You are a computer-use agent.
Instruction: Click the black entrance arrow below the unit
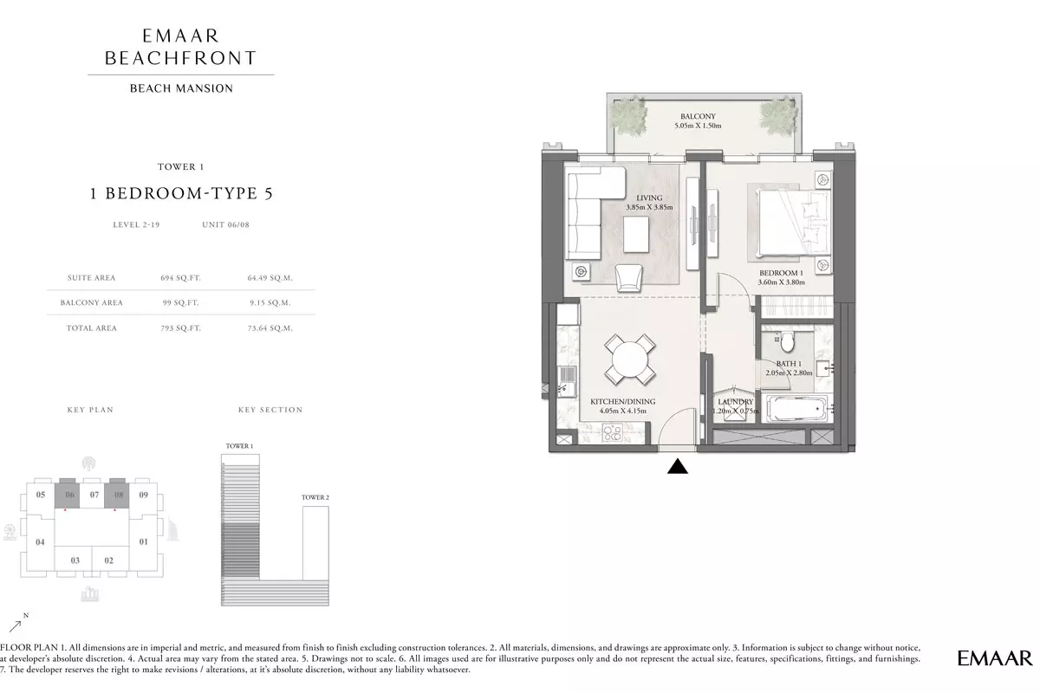coord(678,467)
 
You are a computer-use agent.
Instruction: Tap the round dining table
coord(629,359)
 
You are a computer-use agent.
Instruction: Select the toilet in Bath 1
coord(788,341)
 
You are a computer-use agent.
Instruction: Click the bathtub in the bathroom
coord(796,409)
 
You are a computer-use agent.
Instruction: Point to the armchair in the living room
coord(628,278)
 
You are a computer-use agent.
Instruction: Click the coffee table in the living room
coord(636,235)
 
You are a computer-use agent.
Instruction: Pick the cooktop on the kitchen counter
coord(612,433)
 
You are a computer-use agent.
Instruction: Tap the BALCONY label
coord(698,116)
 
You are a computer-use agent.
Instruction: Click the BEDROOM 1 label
coord(782,273)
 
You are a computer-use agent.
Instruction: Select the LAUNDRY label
coord(736,401)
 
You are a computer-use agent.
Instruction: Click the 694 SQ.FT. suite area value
coord(180,278)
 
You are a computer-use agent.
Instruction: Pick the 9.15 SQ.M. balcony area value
coord(270,302)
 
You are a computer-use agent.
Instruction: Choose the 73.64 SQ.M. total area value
coord(270,328)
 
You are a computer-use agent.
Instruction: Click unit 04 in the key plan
coord(41,541)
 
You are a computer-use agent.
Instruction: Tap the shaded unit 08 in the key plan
coord(116,494)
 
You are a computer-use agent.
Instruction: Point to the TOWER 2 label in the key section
coord(315,497)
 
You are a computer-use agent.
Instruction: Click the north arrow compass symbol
coord(18,623)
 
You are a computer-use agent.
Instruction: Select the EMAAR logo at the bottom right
coord(995,658)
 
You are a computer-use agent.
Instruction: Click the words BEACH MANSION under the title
coord(181,88)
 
